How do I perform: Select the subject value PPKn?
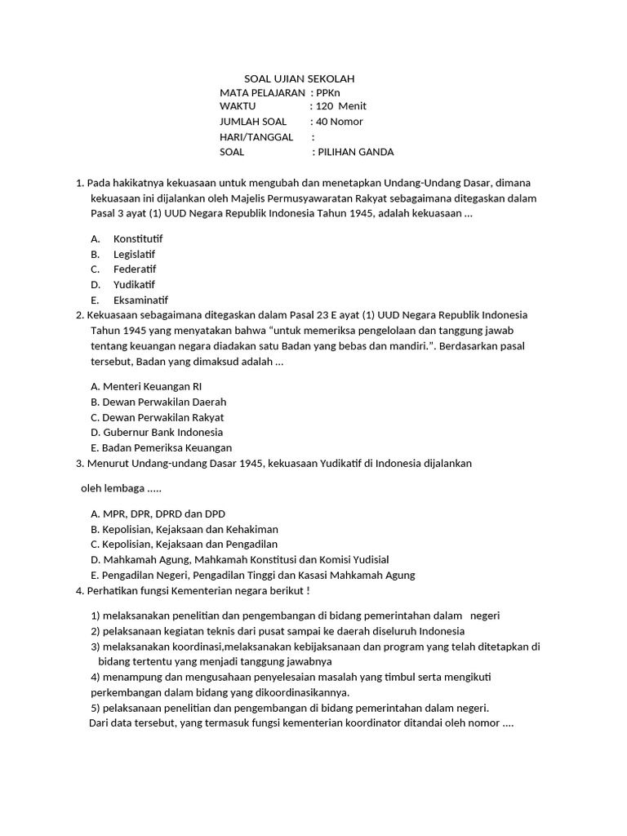click(327, 93)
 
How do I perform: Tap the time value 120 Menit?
click(341, 106)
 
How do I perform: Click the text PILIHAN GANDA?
click(355, 152)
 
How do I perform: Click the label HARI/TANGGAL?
click(256, 137)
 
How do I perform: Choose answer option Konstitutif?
click(138, 238)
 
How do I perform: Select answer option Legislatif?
click(134, 254)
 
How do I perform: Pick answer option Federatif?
click(134, 269)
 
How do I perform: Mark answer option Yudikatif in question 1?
click(134, 285)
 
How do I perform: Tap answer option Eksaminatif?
click(140, 300)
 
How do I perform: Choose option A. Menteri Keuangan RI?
click(146, 386)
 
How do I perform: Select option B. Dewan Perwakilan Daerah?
click(158, 402)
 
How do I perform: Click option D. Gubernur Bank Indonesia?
click(157, 432)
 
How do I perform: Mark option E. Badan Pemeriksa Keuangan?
click(162, 447)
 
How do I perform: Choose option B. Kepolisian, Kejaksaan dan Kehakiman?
click(185, 529)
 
